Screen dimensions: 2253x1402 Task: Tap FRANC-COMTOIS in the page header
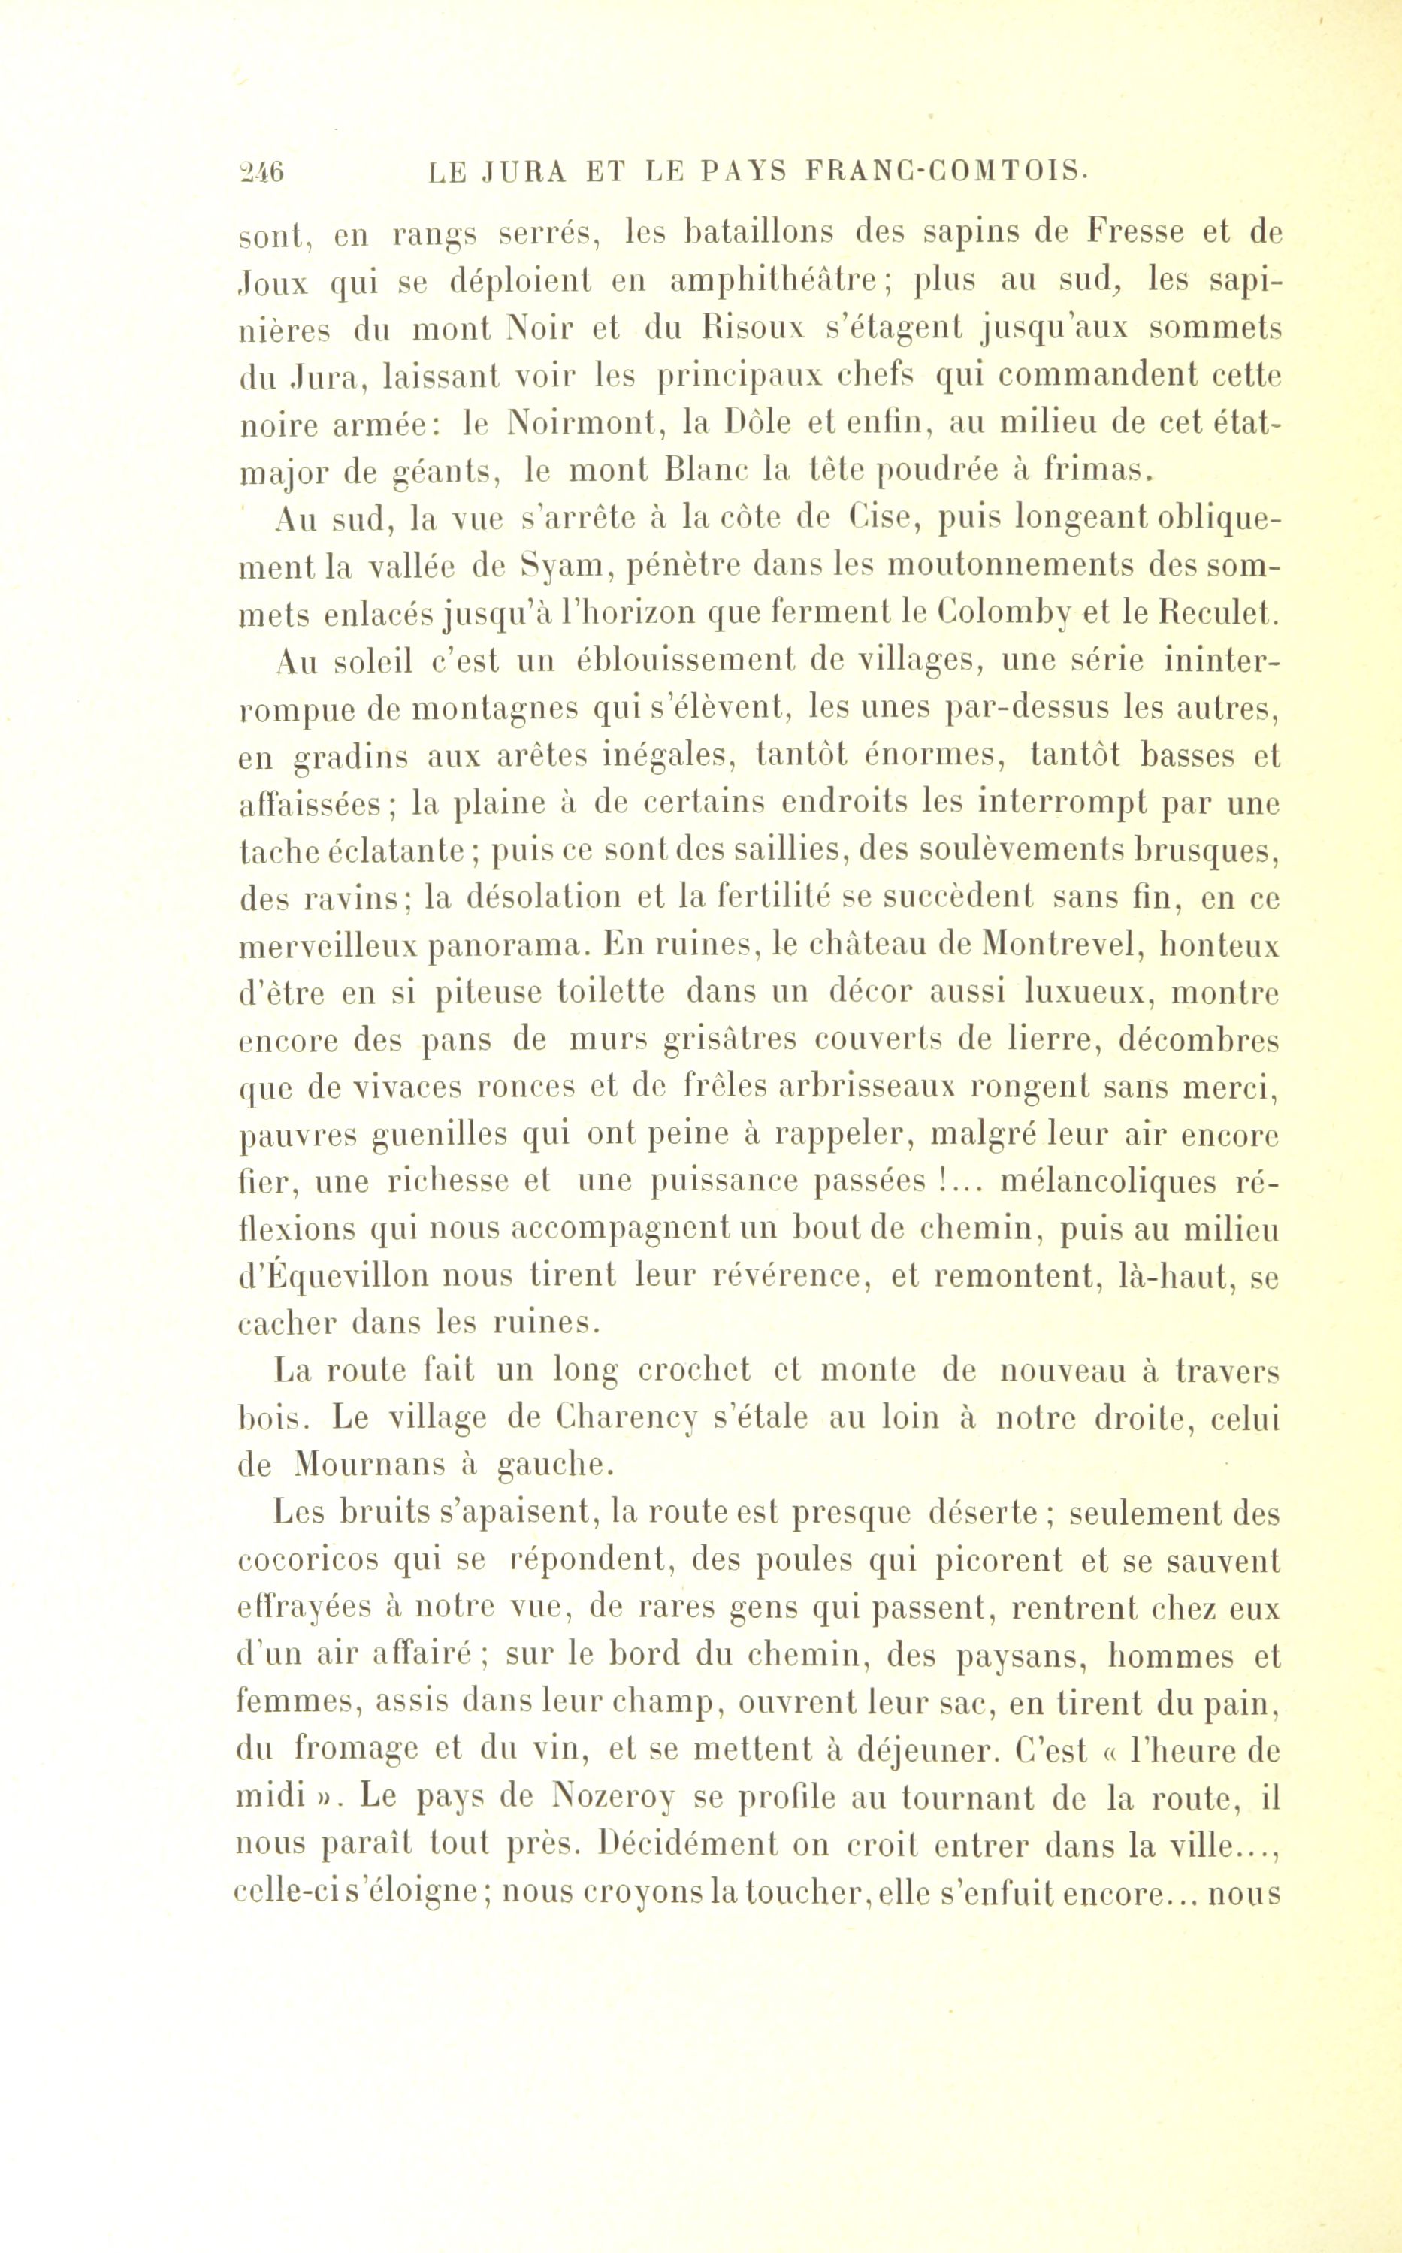(947, 174)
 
